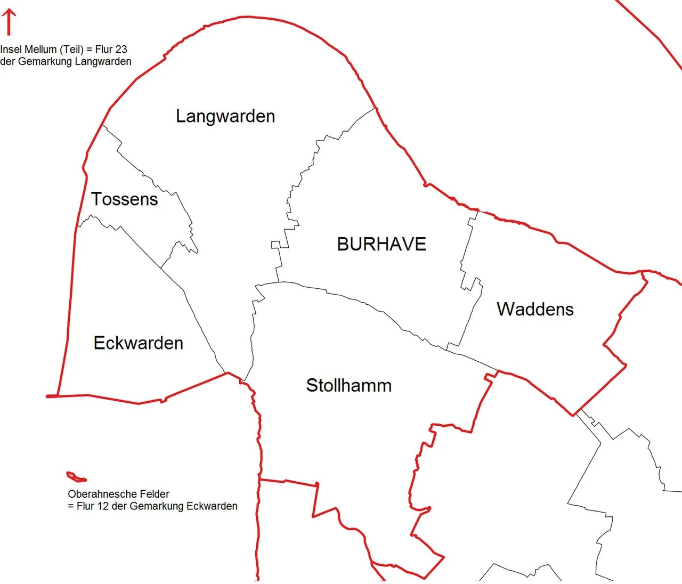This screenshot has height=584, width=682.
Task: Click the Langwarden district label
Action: (225, 116)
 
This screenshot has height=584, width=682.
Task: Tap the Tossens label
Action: (125, 199)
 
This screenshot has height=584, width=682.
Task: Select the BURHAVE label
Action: (381, 244)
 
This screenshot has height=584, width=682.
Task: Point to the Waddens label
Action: (535, 309)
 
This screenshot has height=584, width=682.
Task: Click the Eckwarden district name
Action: (138, 343)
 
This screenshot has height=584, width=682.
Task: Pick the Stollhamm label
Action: (348, 385)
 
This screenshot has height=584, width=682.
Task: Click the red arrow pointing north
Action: (9, 22)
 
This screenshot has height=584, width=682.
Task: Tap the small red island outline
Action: (76, 476)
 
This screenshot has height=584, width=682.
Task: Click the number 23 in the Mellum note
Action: (121, 50)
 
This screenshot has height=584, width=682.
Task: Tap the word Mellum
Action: (42, 50)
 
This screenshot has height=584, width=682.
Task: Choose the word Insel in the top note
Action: (11, 50)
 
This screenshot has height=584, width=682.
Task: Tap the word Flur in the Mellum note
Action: (104, 50)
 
